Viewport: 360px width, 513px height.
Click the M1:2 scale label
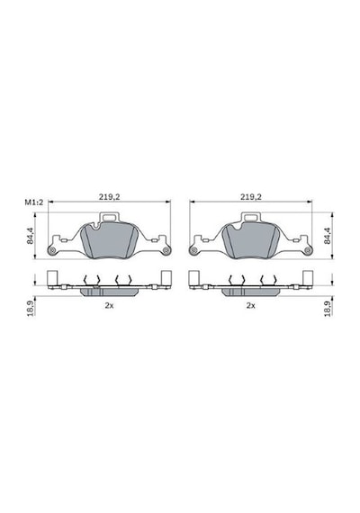[34, 202]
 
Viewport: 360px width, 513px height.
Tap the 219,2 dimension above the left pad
[109, 197]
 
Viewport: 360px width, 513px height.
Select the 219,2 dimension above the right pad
[251, 197]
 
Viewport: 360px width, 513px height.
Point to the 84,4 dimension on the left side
[30, 236]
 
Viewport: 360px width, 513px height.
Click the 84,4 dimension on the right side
[328, 236]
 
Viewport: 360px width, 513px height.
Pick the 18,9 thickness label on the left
[30, 308]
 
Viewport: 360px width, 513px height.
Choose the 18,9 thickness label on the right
[328, 308]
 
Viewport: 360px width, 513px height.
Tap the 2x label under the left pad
[109, 306]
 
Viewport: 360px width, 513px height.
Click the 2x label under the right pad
[251, 306]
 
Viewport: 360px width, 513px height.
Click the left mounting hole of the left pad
[51, 250]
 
